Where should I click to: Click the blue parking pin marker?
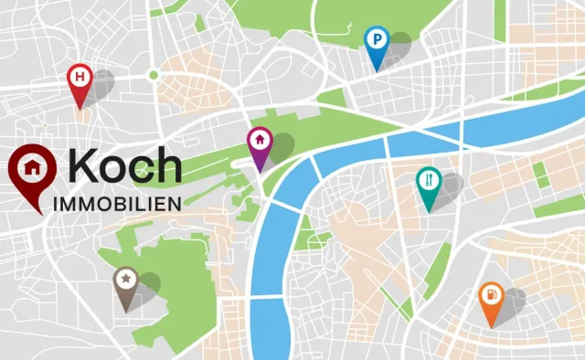[x=376, y=42]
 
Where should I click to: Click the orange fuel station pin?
[x=491, y=298]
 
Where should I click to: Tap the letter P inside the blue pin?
[x=376, y=38]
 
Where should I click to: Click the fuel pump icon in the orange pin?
[x=491, y=294]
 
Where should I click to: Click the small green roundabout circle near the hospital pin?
[x=154, y=74]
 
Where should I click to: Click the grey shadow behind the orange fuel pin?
[x=512, y=301]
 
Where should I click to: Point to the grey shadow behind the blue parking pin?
[x=398, y=51]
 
